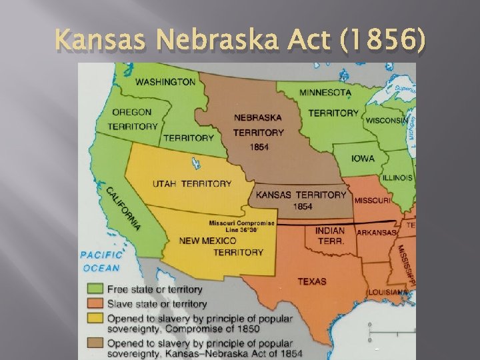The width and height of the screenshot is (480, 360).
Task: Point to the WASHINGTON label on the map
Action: tap(165, 82)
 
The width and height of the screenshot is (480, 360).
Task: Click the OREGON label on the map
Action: tap(131, 113)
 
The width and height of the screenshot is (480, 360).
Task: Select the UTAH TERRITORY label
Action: tap(191, 183)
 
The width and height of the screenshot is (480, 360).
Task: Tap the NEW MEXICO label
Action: tap(207, 241)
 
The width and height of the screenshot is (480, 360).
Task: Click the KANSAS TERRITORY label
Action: tap(301, 195)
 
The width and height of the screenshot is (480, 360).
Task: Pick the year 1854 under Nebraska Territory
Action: tap(259, 147)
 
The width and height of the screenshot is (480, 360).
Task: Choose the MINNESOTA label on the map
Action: tap(325, 92)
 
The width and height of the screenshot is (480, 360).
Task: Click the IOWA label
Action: tap(363, 159)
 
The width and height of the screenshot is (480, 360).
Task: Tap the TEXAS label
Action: tap(311, 281)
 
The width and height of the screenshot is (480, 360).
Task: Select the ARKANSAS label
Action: tap(377, 233)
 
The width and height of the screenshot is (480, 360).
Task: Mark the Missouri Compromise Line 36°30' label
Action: tap(242, 226)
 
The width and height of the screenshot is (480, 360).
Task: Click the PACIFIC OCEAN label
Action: tap(101, 261)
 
